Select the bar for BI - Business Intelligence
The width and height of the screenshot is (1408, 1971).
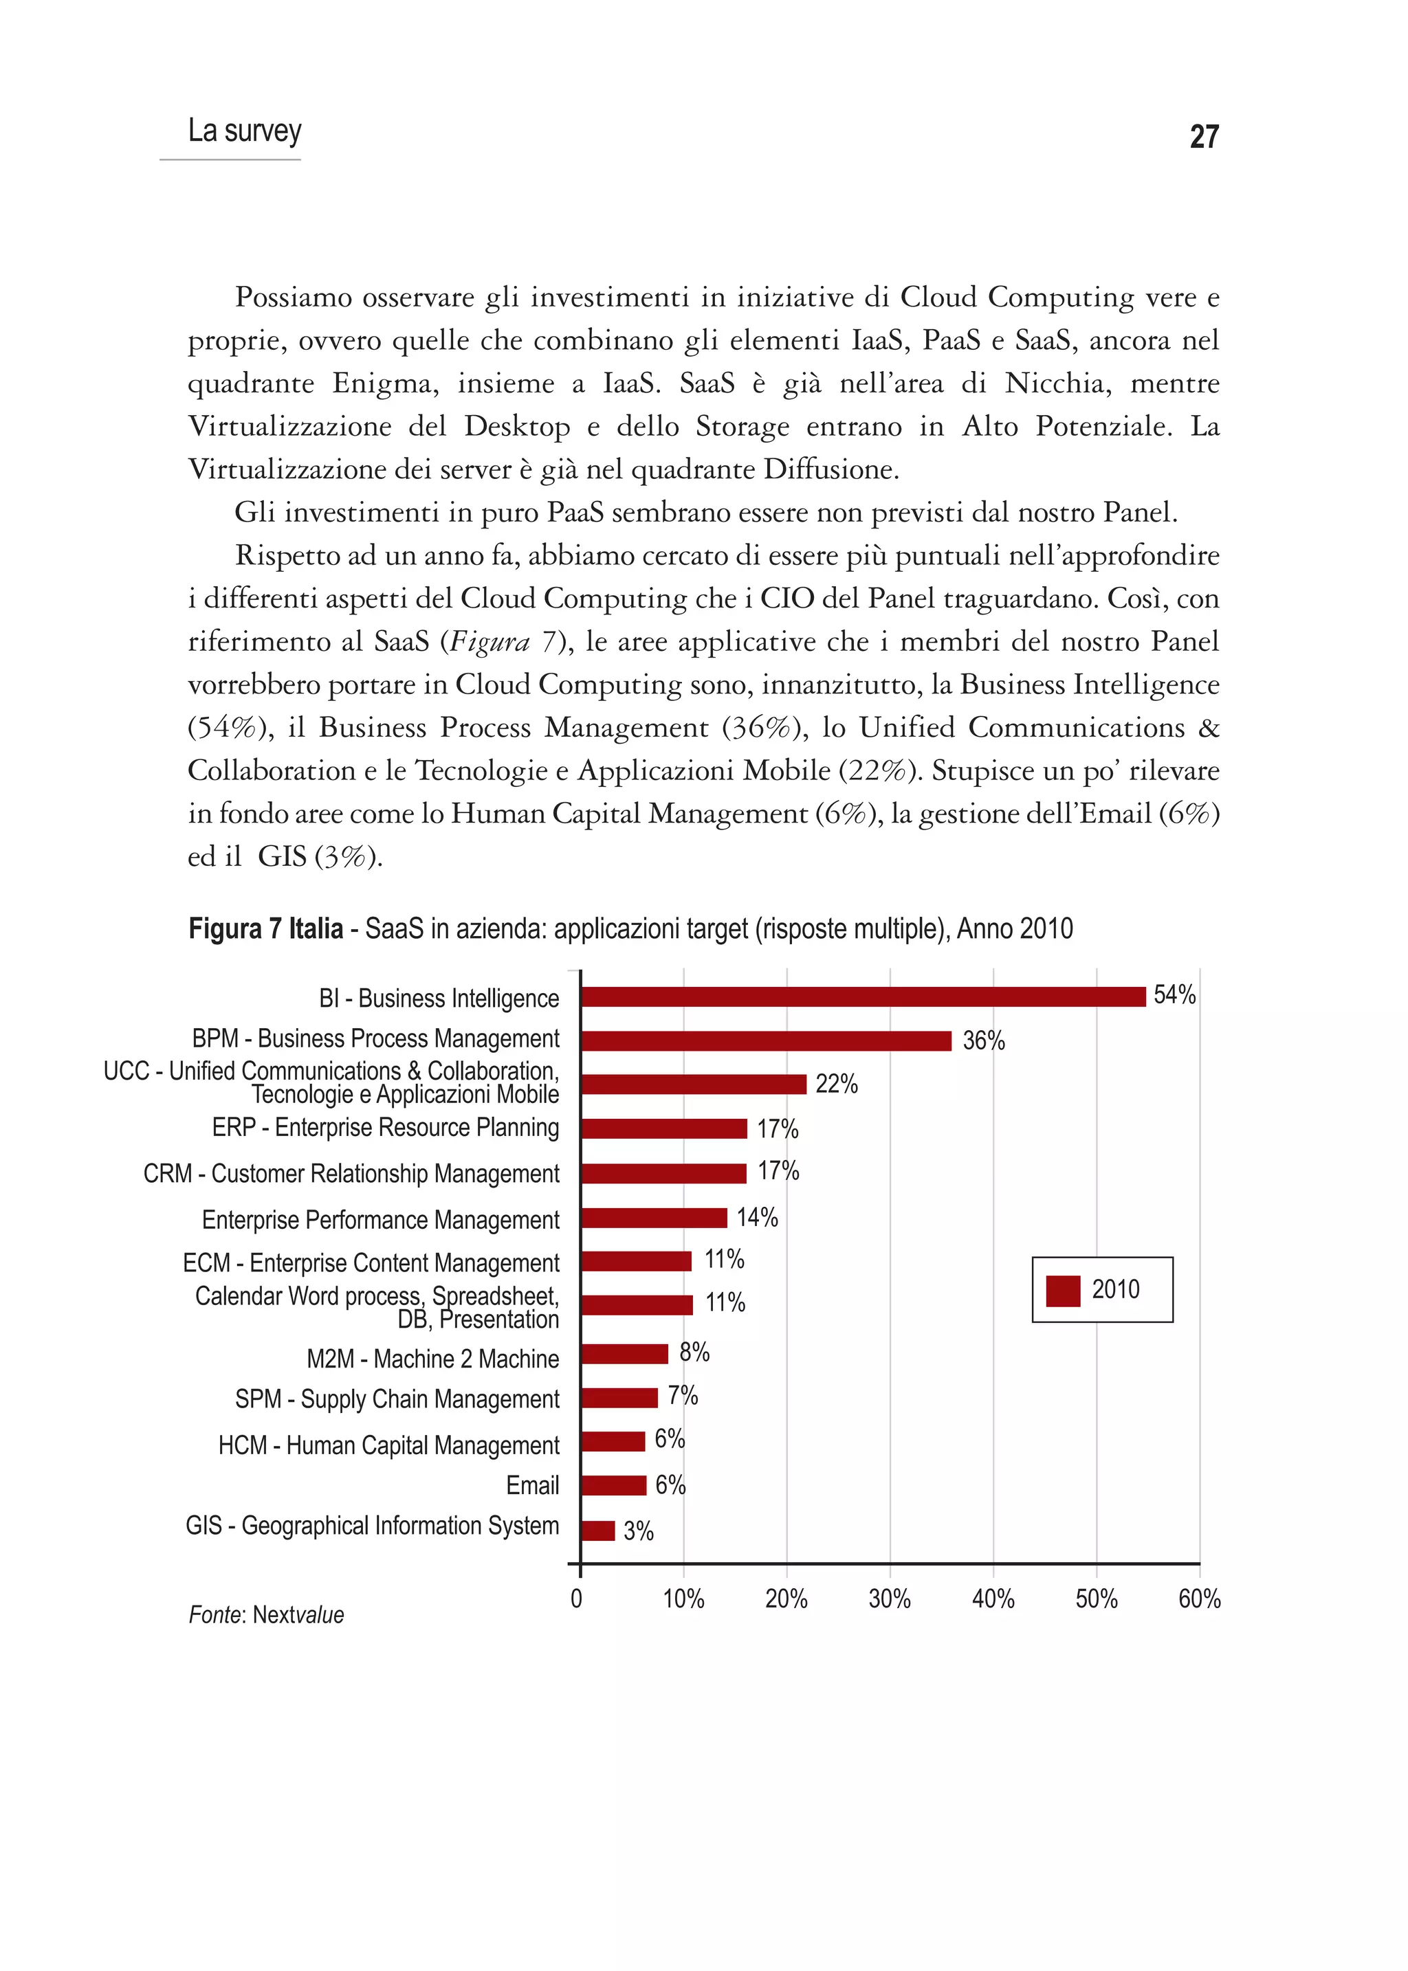[x=863, y=996]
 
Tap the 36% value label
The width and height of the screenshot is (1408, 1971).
[x=983, y=1041]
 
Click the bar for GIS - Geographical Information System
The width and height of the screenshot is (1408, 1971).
[x=597, y=1530]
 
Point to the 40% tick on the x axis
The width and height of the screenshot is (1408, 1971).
[x=993, y=1599]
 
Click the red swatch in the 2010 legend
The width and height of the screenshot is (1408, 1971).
[x=1062, y=1291]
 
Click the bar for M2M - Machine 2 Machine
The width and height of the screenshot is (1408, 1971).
[x=624, y=1354]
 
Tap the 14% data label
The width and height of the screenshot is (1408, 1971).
[x=757, y=1218]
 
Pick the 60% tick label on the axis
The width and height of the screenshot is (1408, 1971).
[x=1199, y=1599]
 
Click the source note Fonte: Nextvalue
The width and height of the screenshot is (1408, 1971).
[x=266, y=1615]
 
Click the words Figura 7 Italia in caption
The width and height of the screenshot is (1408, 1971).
[x=265, y=929]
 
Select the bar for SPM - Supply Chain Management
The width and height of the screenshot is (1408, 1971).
[x=619, y=1398]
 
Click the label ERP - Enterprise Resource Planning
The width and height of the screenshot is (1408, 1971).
[x=385, y=1128]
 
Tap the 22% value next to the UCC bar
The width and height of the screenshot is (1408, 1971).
[x=836, y=1084]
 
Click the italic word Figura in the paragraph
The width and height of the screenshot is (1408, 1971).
[x=490, y=643]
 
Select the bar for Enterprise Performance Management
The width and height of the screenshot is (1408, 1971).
[x=654, y=1218]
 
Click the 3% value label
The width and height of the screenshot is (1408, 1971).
[x=638, y=1532]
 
